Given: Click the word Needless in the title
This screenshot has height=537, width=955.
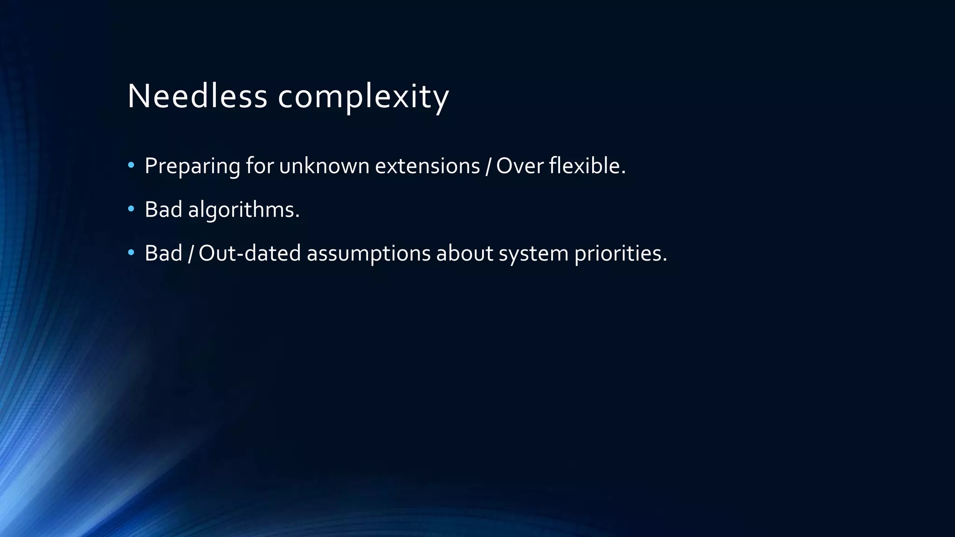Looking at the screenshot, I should [197, 96].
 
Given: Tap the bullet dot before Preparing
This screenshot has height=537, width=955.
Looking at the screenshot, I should [131, 165].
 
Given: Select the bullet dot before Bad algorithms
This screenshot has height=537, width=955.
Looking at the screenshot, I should [131, 209].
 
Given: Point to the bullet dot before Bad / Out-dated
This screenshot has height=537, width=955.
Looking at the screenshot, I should [131, 253].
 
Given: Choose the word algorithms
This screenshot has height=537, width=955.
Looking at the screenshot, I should [243, 210].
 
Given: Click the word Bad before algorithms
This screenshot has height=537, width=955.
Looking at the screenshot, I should [163, 209].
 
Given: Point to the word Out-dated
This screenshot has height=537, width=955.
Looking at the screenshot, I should [249, 253].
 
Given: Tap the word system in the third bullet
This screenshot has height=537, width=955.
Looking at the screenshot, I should [533, 254].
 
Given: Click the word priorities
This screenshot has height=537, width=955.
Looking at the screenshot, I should [620, 254].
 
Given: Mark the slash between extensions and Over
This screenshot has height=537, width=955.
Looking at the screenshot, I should [488, 166].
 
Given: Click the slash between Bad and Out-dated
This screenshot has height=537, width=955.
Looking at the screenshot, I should [190, 254].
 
